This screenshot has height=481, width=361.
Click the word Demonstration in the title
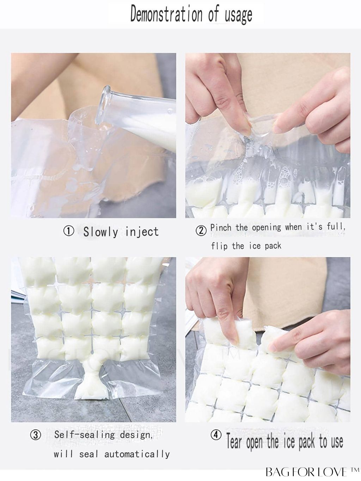tap(166, 14)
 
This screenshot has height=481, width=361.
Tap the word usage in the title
tap(238, 15)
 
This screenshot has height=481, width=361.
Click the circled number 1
tap(68, 231)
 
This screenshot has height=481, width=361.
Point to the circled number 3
tap(36, 435)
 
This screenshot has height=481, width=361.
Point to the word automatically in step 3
tap(137, 454)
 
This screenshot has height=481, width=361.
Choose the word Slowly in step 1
tap(100, 232)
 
